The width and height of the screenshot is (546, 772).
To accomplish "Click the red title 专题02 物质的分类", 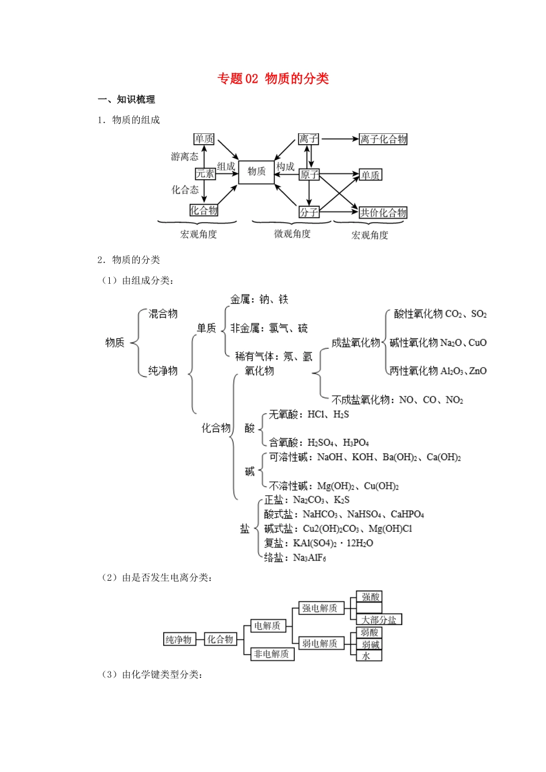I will coord(273,79).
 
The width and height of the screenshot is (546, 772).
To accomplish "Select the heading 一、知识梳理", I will coord(126,99).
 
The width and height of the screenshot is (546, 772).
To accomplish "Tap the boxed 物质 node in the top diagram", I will coord(256,172).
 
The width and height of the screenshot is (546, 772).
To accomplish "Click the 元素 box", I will coord(205,173).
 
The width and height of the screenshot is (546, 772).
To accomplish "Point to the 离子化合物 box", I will coord(383,139).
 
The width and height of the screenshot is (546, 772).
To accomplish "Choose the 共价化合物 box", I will coord(383,213).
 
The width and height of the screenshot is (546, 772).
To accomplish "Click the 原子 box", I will coord(309,175).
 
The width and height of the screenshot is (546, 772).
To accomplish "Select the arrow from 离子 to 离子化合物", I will coord(339,139).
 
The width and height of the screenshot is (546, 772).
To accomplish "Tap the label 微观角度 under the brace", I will coord(292,234).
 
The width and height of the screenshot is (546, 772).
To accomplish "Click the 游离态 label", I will coord(184,156).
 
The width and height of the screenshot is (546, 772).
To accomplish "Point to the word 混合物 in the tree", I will coord(163,314).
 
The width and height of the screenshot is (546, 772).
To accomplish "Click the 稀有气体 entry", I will coord(253,357).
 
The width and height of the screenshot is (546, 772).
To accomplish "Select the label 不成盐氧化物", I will coord(360,400).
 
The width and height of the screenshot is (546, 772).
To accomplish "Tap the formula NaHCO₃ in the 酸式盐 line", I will coord(320,514).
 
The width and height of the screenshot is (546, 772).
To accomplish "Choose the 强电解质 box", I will coord(320,608).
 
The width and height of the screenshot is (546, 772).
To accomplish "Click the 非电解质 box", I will coord(272,654).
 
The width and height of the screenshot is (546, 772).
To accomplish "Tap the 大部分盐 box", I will coord(379,620).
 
